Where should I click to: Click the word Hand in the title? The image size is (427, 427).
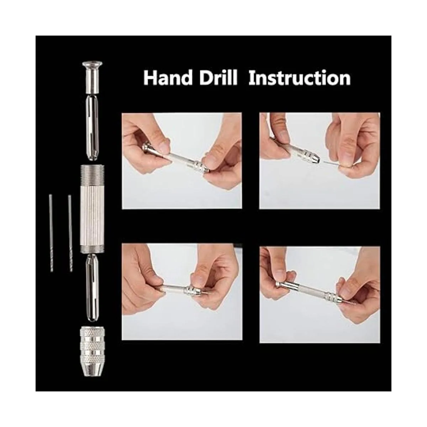coord(168,78)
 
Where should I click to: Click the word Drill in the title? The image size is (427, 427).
coord(218,78)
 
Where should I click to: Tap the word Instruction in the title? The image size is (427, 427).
coord(300,78)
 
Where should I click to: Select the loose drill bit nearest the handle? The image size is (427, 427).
coord(70,233)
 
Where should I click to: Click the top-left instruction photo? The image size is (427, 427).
coord(182,160)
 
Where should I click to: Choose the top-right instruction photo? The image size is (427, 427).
coord(320,160)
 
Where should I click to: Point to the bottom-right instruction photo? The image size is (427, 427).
coord(320,295)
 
